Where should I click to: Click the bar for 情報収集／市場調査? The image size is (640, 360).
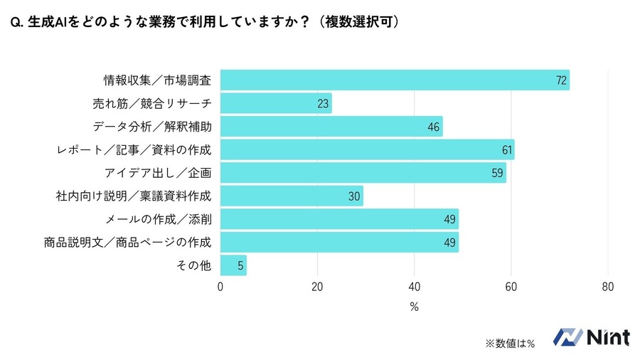point(395,80)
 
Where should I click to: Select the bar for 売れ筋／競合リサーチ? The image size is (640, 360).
point(276,104)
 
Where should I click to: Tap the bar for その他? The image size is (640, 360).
point(233,265)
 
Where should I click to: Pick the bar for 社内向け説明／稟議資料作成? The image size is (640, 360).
point(292,196)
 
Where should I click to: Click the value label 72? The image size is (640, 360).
point(561,80)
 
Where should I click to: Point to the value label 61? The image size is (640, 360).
point(506,150)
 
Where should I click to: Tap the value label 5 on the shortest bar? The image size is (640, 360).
point(240,265)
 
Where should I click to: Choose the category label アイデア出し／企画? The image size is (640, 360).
point(158,173)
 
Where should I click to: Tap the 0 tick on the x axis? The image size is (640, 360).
point(220,287)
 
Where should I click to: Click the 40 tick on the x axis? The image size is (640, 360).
point(414,287)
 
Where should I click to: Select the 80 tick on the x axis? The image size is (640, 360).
point(607,287)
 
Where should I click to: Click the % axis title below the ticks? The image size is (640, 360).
point(414,307)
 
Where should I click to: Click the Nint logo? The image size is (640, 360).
point(591,337)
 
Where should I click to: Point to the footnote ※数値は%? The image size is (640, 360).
point(509,343)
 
